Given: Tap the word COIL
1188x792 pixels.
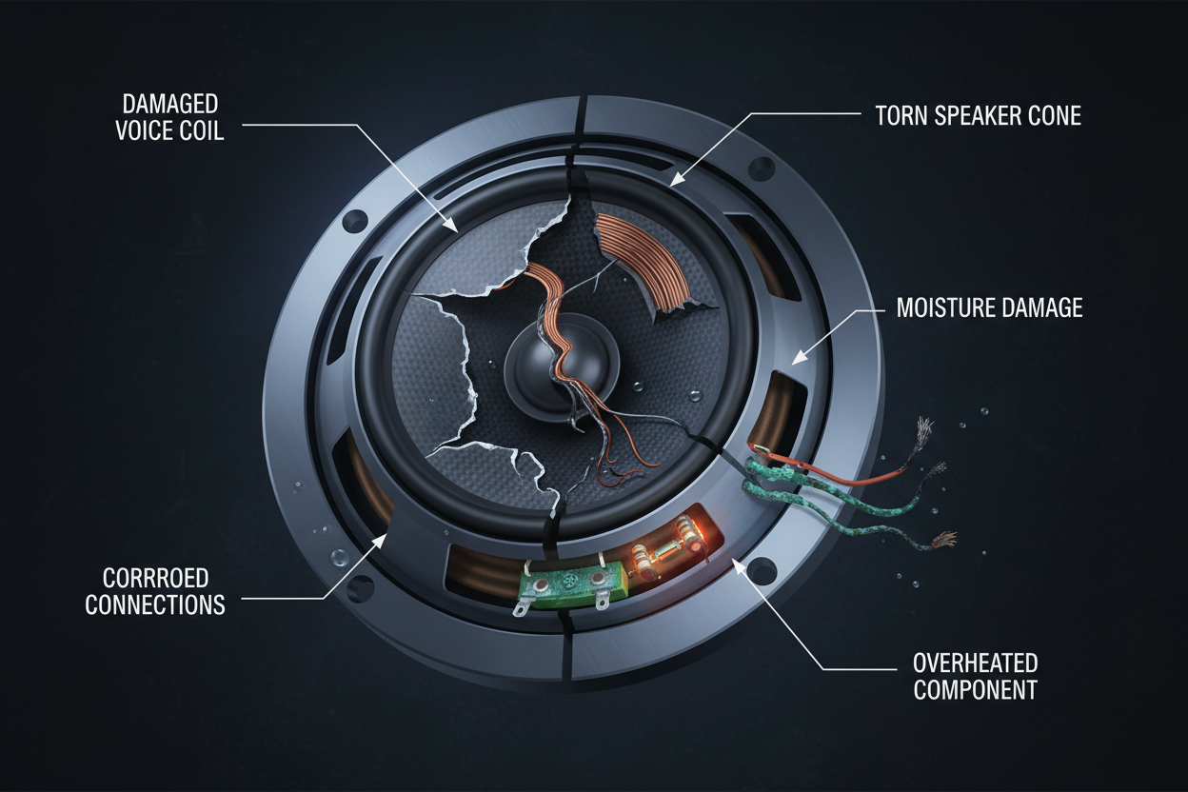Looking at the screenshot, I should click(x=202, y=130).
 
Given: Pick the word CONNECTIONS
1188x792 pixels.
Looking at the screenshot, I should click(x=155, y=604).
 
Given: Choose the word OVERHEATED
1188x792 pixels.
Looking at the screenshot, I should click(x=975, y=663).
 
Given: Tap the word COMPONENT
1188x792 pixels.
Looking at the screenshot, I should click(x=975, y=689).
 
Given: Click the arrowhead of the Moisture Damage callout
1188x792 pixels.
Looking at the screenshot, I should click(x=796, y=360).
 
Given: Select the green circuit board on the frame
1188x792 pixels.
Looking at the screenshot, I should click(x=562, y=584).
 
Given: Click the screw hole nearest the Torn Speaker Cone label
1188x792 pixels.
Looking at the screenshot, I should click(x=762, y=169).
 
